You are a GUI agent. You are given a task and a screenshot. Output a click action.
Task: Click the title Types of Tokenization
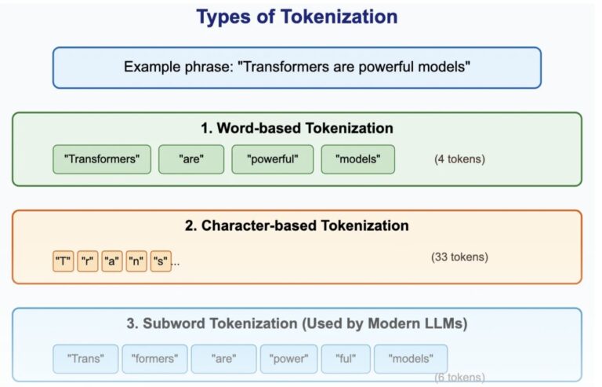pyautogui.click(x=297, y=17)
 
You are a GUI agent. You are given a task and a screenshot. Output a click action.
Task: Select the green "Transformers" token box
pyautogui.click(x=102, y=159)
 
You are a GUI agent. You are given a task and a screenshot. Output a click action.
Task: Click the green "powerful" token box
pyautogui.click(x=273, y=159)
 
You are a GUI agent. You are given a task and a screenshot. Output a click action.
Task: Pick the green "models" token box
pyautogui.click(x=357, y=159)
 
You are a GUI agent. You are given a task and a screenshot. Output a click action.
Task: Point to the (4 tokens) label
pyautogui.click(x=459, y=159)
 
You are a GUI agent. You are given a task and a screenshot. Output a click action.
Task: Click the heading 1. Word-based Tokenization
pyautogui.click(x=297, y=128)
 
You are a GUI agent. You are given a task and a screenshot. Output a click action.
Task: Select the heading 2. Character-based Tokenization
pyautogui.click(x=297, y=225)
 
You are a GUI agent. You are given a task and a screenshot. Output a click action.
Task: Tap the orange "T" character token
pyautogui.click(x=63, y=261)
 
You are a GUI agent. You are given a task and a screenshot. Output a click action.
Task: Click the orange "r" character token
pyautogui.click(x=88, y=261)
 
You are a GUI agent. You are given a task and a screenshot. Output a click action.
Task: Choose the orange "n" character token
pyautogui.click(x=136, y=261)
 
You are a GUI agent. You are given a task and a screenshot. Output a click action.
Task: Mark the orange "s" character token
pyautogui.click(x=161, y=261)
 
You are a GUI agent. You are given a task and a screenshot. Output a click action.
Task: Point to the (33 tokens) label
pyautogui.click(x=459, y=257)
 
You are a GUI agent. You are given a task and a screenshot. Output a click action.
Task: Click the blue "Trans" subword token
pyautogui.click(x=85, y=359)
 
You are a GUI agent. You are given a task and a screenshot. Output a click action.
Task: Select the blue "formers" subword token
pyautogui.click(x=154, y=359)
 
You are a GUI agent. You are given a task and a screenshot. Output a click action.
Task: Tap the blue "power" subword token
pyautogui.click(x=288, y=359)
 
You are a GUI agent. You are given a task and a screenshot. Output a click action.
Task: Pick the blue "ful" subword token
pyautogui.click(x=346, y=359)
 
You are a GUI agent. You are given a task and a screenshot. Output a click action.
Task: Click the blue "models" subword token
pyautogui.click(x=411, y=359)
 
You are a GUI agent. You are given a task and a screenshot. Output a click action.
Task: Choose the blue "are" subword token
pyautogui.click(x=224, y=359)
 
